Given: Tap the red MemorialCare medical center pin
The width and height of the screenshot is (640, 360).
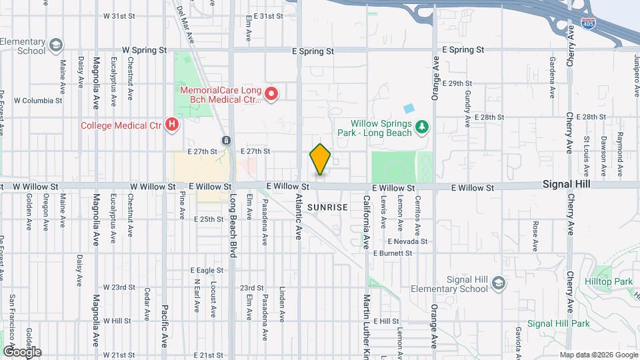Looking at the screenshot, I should [x=271, y=95].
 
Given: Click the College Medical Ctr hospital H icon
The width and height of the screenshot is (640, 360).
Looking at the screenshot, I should [x=172, y=124].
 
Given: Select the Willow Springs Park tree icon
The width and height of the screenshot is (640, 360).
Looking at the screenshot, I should [x=421, y=126].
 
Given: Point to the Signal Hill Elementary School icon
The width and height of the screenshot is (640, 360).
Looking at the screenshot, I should [x=497, y=285].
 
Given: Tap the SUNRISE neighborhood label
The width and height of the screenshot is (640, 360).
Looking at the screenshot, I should [x=328, y=207].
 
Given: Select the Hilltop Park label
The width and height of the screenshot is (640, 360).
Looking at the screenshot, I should [x=613, y=282].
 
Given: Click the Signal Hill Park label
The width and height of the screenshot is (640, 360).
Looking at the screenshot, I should [x=559, y=323].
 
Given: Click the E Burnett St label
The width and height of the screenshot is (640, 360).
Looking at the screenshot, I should [x=393, y=253].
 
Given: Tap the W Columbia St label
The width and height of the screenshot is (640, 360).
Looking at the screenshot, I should [x=38, y=101].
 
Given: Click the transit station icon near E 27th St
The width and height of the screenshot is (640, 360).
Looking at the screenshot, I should [x=227, y=141].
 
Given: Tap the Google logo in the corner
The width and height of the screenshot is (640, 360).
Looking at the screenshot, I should [x=21, y=351].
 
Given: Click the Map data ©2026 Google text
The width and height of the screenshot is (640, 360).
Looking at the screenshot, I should [x=598, y=354].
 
